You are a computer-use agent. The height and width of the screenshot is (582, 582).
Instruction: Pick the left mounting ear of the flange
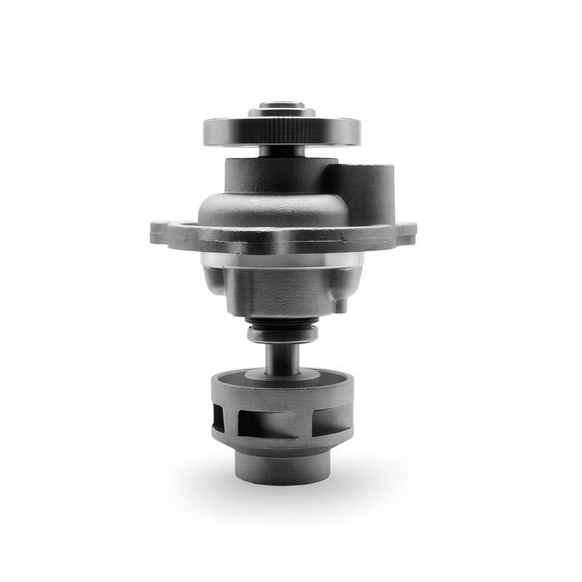pyautogui.click(x=166, y=233)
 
